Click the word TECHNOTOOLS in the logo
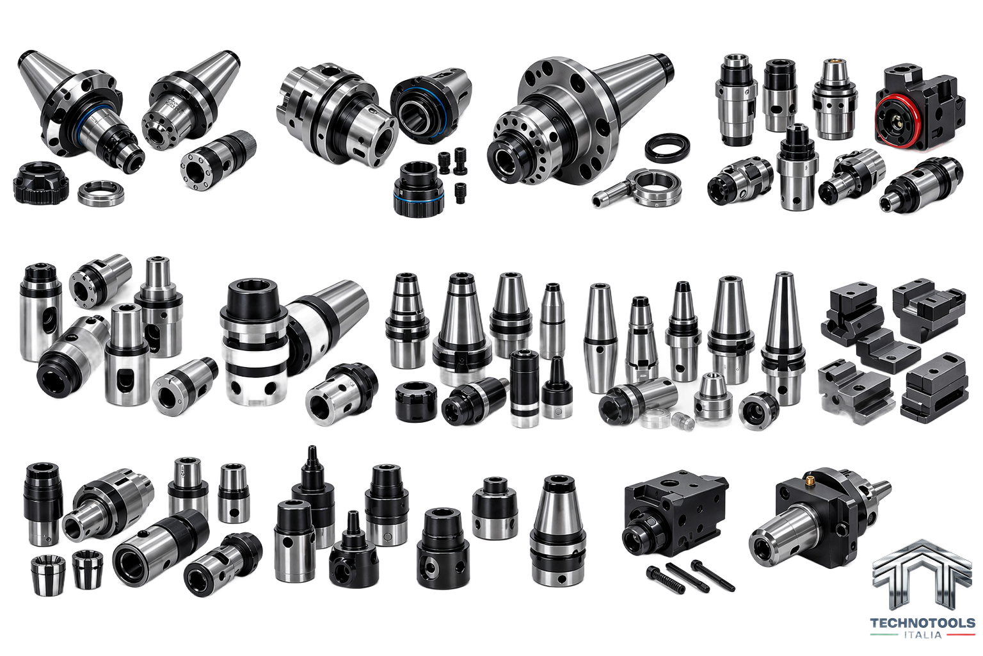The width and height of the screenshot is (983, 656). (922, 623)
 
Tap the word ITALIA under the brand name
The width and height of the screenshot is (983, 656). (923, 635)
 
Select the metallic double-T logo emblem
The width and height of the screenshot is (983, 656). (922, 574)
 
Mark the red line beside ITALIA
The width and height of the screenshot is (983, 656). (960, 635)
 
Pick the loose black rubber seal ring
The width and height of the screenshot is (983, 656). (667, 147)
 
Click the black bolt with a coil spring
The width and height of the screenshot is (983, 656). (666, 580)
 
